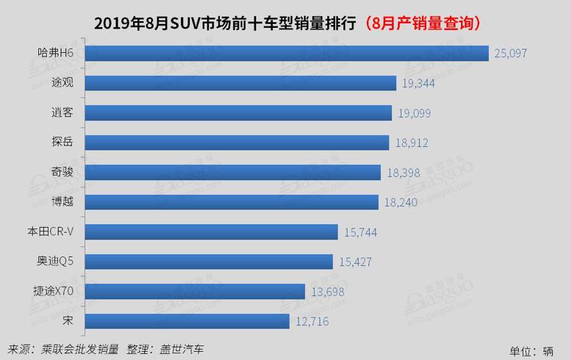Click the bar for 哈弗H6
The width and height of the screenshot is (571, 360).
(x=286, y=53)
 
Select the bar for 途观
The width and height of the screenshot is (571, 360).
(x=240, y=83)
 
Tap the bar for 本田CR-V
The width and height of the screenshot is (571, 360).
(x=211, y=232)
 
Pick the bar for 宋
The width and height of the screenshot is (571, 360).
(x=187, y=321)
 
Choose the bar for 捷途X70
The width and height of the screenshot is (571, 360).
(x=194, y=291)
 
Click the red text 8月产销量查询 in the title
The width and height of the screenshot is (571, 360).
(x=421, y=23)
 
